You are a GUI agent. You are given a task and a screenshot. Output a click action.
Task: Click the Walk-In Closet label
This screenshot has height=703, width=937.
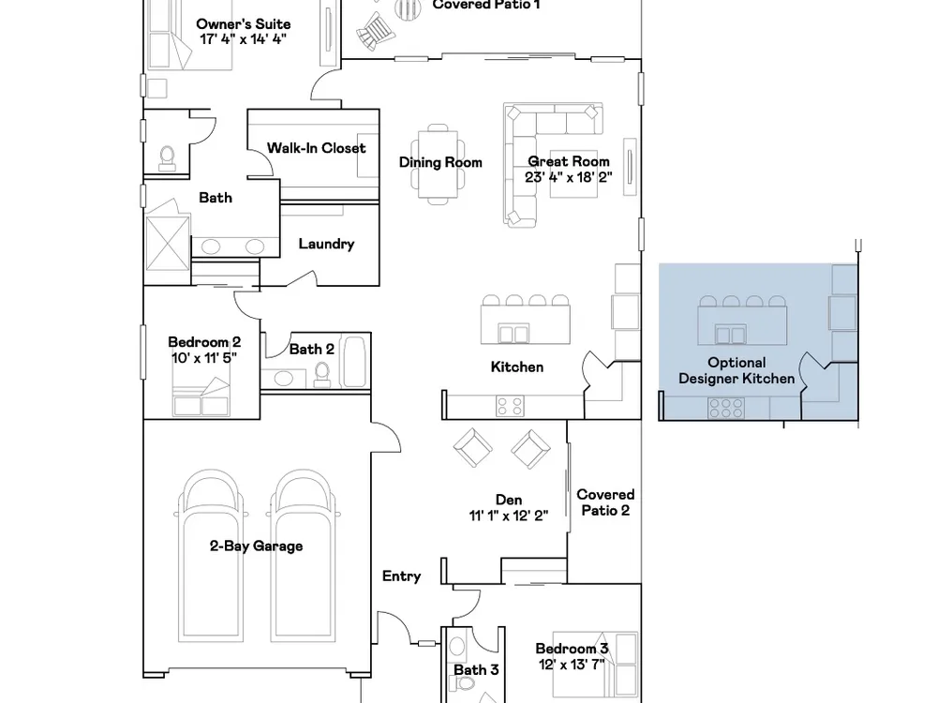point(316,148)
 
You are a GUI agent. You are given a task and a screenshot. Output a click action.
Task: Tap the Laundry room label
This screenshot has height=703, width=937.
point(326,244)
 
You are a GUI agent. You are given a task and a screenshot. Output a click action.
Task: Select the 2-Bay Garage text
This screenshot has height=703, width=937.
point(256,546)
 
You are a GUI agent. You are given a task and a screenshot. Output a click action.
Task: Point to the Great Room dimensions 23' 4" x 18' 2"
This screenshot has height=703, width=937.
point(569,177)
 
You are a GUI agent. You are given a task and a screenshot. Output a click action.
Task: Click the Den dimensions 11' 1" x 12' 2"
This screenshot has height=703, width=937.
point(509,516)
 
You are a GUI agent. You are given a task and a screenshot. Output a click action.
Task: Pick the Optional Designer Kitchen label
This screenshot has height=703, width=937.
point(736,370)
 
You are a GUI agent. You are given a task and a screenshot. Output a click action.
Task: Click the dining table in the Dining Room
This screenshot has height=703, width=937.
point(438,164)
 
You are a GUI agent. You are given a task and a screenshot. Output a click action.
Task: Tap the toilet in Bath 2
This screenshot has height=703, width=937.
point(322,374)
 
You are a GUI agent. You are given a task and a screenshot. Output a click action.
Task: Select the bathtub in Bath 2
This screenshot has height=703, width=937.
point(353,362)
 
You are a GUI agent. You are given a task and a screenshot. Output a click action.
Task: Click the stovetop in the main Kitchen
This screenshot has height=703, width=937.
point(510,407)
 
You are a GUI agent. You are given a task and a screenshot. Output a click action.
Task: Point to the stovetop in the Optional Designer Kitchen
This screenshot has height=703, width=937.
point(725,409)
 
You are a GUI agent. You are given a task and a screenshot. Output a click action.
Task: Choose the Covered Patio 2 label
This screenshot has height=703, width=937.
point(605,502)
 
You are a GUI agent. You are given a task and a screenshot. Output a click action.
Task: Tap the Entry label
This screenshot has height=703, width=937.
point(402,576)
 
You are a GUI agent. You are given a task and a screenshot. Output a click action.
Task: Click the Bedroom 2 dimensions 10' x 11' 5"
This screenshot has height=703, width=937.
point(204,357)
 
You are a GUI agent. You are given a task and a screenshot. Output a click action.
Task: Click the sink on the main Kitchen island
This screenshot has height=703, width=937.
point(513,333)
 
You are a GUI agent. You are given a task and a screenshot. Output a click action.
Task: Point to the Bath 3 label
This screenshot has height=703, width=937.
point(476,670)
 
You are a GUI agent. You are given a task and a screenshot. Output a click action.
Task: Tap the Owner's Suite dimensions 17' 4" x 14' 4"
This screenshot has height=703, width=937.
point(244,39)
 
